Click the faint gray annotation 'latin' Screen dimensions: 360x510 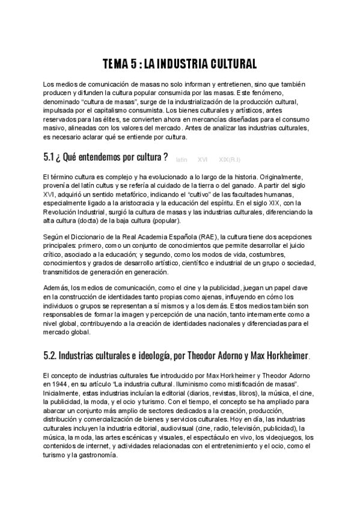(x=182, y=159)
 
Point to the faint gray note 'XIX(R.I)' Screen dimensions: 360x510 (x=231, y=159)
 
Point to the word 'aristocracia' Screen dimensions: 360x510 (x=138, y=203)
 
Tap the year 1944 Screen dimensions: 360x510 (x=64, y=383)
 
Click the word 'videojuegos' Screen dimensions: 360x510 (x=284, y=437)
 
